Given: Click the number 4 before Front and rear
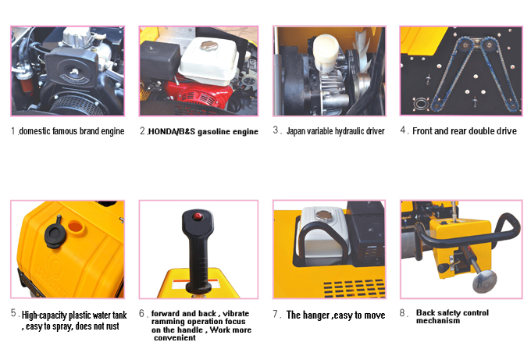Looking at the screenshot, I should click(403, 130).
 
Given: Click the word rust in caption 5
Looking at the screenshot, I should click(111, 326).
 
